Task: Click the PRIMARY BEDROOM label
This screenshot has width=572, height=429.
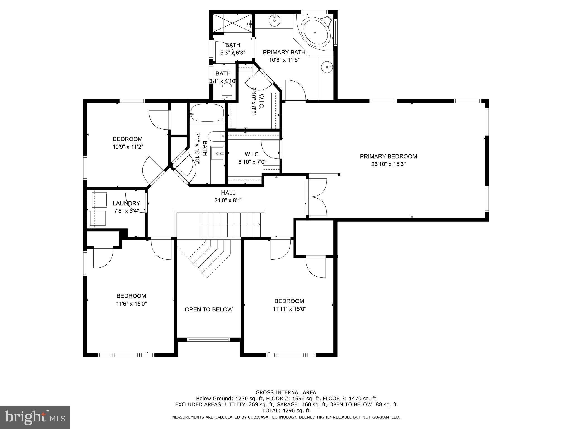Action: [388, 156]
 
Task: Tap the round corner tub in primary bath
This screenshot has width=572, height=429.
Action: [315, 33]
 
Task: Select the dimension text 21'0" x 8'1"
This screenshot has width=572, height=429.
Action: [228, 200]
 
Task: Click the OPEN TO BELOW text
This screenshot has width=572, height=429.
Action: [209, 309]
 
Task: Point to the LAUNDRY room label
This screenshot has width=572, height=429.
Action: [126, 203]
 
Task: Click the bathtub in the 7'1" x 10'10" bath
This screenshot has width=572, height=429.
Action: [207, 113]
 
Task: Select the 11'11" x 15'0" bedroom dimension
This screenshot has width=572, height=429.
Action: [289, 309]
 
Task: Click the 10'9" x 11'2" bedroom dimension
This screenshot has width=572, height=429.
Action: [128, 147]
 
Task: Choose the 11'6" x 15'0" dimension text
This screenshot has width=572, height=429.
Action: [131, 304]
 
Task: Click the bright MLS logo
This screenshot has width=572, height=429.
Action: [35, 418]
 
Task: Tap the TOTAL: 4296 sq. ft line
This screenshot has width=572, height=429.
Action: [286, 411]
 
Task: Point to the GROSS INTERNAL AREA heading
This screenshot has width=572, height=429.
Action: [286, 392]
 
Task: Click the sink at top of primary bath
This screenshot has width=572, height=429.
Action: [275, 20]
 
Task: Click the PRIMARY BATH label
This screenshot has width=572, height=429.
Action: [284, 52]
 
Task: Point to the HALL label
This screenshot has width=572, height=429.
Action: [228, 192]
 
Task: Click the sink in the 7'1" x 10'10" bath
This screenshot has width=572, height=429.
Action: [218, 154]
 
